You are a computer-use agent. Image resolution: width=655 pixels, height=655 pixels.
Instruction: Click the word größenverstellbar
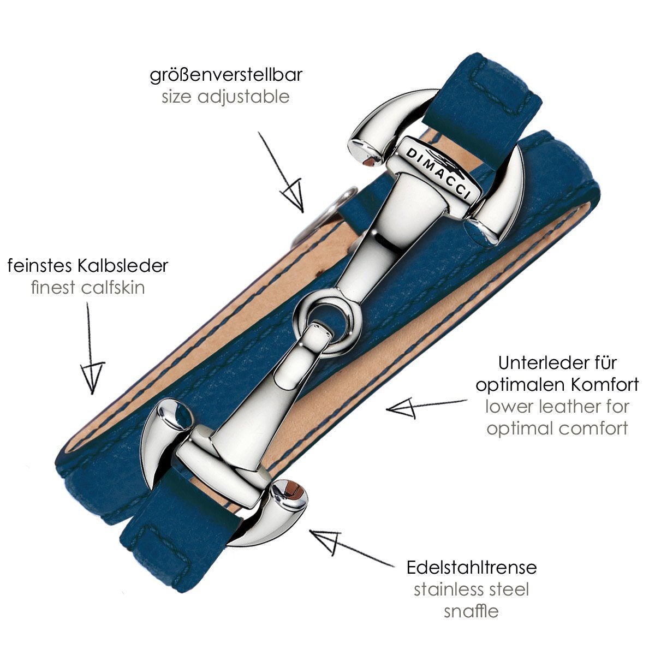click(x=226, y=75)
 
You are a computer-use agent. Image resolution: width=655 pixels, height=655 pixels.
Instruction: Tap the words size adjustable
click(x=225, y=97)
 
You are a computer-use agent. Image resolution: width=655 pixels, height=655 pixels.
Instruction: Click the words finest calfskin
click(x=88, y=288)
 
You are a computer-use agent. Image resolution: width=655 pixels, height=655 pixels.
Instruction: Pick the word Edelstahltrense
click(x=472, y=567)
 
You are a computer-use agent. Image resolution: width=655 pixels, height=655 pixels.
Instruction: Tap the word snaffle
click(x=471, y=611)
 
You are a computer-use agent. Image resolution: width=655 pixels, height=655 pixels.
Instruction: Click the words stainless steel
click(x=471, y=589)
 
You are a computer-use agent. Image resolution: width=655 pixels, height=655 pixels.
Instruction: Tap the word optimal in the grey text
click(x=518, y=428)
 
